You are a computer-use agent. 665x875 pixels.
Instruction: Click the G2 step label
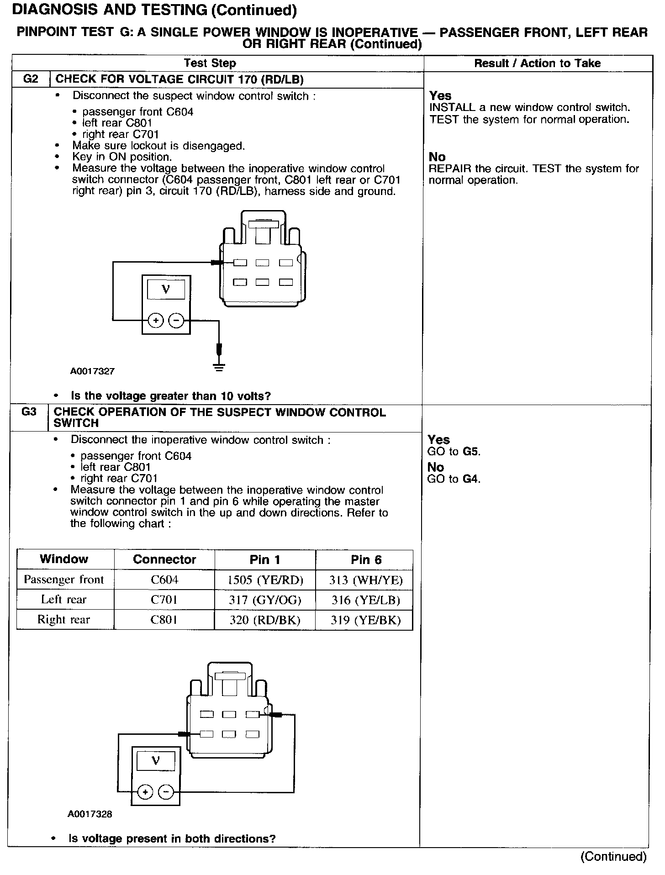(30, 79)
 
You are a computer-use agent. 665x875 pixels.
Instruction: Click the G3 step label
(29, 412)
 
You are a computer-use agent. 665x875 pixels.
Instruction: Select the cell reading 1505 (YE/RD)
(265, 580)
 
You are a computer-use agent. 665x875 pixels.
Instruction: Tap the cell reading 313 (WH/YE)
(366, 580)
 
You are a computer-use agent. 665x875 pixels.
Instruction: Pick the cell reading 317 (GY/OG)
(265, 600)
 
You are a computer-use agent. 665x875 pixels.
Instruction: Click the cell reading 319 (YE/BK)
(366, 620)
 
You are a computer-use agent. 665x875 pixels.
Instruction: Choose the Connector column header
(164, 559)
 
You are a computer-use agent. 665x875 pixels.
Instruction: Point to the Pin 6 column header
(366, 559)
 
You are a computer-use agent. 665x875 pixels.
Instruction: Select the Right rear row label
(64, 620)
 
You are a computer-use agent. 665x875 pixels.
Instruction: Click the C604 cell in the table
(164, 580)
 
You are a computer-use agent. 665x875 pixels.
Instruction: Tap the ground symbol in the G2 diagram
(219, 367)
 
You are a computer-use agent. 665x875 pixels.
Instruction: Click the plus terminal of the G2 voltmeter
(156, 321)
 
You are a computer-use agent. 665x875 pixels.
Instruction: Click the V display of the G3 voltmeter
(156, 761)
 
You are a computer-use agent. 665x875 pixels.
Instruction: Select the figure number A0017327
(92, 371)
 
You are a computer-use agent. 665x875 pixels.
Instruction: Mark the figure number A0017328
(90, 814)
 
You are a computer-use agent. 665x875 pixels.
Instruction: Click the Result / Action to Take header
(537, 63)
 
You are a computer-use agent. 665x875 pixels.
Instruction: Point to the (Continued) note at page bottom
(613, 857)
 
